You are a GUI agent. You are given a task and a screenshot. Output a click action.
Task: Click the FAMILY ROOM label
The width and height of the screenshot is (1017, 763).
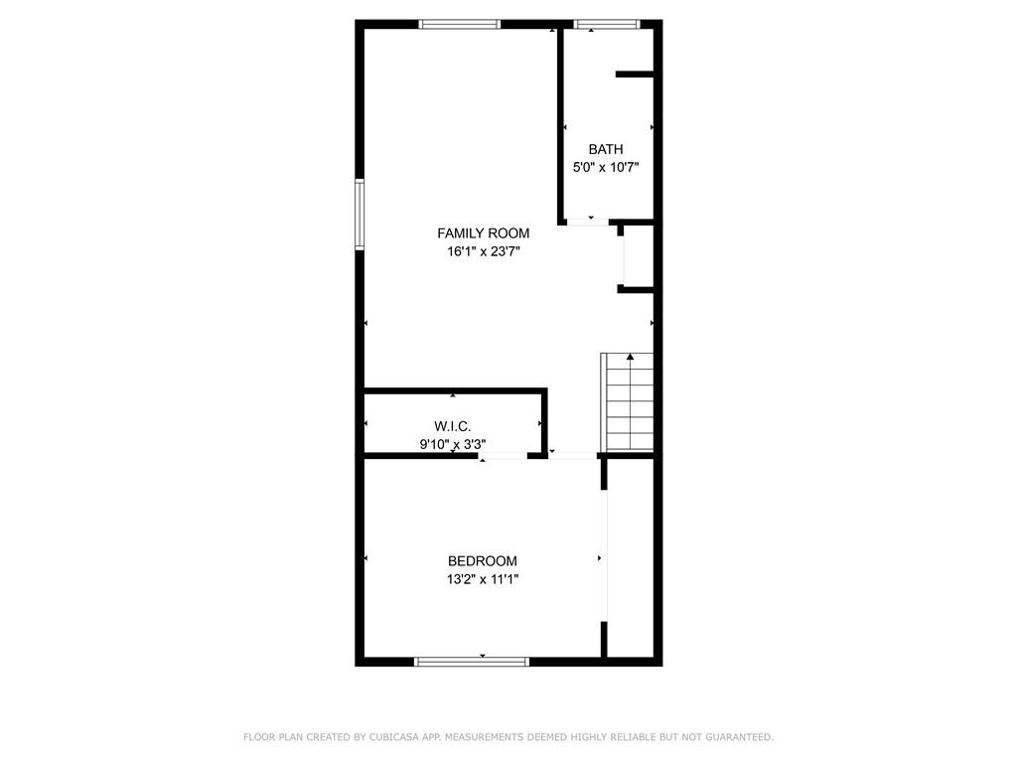coord(483,233)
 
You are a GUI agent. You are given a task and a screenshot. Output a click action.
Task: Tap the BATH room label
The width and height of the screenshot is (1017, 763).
coord(606,149)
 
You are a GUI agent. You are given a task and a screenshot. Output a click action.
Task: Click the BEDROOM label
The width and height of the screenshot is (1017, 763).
coord(482,561)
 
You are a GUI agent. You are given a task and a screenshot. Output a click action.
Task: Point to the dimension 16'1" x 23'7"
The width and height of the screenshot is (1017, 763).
coord(483,252)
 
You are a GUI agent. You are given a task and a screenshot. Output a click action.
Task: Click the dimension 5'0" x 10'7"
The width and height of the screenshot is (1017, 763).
coord(606,168)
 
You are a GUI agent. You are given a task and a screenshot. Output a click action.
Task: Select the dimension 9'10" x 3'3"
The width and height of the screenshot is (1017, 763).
coord(452,445)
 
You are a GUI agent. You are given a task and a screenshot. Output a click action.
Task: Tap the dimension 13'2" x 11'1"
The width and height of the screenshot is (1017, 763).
coord(482,580)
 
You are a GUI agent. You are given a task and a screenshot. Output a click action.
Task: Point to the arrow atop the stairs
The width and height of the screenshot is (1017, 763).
coord(630,356)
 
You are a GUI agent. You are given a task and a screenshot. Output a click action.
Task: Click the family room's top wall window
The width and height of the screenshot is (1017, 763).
coord(459,24)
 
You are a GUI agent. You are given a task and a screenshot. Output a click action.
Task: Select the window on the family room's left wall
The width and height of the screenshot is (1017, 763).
coord(360,214)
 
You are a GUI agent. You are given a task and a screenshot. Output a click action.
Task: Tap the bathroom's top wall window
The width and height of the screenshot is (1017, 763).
coord(606,24)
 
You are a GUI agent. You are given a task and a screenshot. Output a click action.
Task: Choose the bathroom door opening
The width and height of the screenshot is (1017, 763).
coord(588,222)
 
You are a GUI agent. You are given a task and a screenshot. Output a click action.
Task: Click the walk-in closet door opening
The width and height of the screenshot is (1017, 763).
coord(504,456)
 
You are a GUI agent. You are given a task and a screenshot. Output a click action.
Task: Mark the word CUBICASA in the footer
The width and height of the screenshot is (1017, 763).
coord(393,737)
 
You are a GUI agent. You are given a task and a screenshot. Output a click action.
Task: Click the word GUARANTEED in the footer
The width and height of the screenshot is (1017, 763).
coord(737,737)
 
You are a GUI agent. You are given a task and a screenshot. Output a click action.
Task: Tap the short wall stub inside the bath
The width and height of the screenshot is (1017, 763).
coord(634,74)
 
